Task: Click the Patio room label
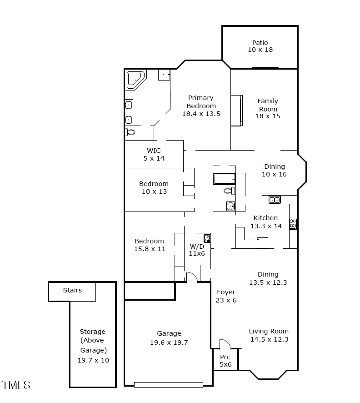(x=260, y=43)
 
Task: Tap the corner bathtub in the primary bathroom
(x=135, y=79)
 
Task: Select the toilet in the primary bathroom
(x=130, y=132)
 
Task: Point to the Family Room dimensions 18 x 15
(x=268, y=116)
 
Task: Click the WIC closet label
(x=154, y=151)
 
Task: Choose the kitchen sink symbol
(x=274, y=199)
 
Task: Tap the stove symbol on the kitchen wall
(x=293, y=223)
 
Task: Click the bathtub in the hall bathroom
(x=224, y=179)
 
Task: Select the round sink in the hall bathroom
(x=230, y=207)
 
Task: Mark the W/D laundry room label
(x=197, y=246)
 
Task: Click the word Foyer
(x=226, y=292)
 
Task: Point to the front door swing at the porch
(x=225, y=344)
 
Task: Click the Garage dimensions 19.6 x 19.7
(x=169, y=343)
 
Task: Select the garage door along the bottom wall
(x=168, y=385)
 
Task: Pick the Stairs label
(x=72, y=290)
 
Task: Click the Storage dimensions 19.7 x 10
(x=93, y=360)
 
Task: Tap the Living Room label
(x=269, y=331)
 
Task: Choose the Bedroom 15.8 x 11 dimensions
(x=150, y=249)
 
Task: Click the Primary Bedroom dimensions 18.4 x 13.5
(x=201, y=114)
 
